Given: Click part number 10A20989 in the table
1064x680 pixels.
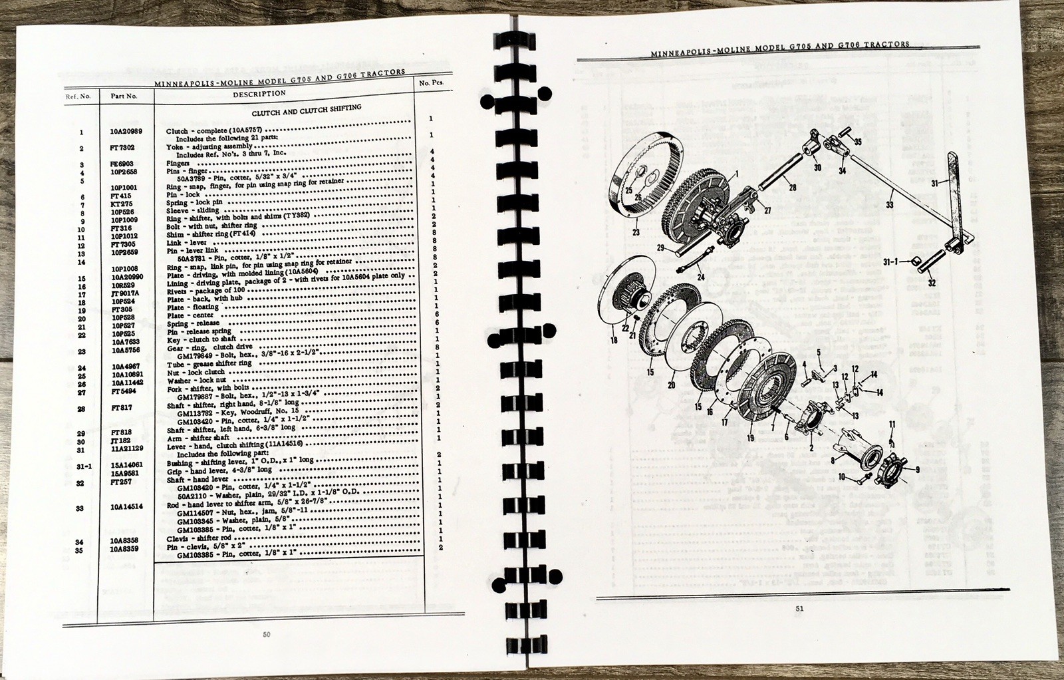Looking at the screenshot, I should pyautogui.click(x=126, y=132).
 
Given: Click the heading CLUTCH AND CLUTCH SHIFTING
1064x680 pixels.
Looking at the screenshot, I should pyautogui.click(x=307, y=110).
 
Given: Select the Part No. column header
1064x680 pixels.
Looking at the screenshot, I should pyautogui.click(x=124, y=96).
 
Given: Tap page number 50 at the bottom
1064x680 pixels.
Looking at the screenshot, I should pyautogui.click(x=267, y=634).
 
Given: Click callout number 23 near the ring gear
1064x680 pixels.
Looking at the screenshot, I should pyautogui.click(x=636, y=232).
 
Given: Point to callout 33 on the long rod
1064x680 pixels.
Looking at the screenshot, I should pyautogui.click(x=890, y=205).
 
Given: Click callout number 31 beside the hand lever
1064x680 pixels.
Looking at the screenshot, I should pyautogui.click(x=935, y=183).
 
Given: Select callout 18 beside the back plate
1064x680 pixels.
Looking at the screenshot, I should pyautogui.click(x=614, y=340).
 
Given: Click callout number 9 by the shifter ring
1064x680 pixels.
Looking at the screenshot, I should pyautogui.click(x=917, y=469).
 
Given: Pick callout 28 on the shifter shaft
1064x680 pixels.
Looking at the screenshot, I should pyautogui.click(x=792, y=188).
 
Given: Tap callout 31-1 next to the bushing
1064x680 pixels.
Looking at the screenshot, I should pyautogui.click(x=890, y=261).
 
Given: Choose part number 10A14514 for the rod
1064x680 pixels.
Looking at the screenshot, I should pyautogui.click(x=126, y=507).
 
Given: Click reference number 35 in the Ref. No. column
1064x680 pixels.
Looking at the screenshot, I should pyautogui.click(x=80, y=550).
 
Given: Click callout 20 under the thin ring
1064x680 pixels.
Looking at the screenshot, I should pyautogui.click(x=672, y=385).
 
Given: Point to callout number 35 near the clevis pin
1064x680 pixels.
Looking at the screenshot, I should pyautogui.click(x=857, y=142).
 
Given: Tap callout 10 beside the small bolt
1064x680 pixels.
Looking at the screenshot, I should pyautogui.click(x=841, y=476).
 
